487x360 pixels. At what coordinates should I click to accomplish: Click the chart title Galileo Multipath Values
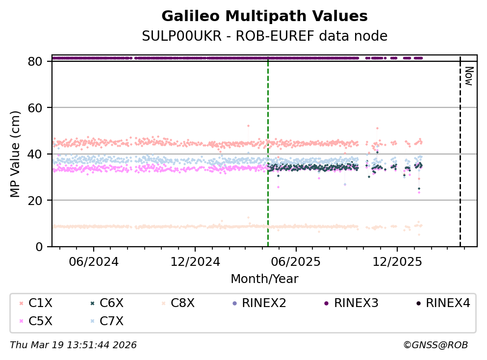click(x=264, y=17)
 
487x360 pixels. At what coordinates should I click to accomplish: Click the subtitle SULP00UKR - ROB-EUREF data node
click(x=264, y=36)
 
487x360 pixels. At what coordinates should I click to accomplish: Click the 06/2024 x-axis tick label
click(x=94, y=261)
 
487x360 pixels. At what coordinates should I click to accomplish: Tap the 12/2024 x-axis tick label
click(x=195, y=261)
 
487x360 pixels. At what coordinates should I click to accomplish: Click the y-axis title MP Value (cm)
click(x=16, y=154)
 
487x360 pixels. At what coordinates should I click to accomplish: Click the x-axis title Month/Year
click(x=264, y=279)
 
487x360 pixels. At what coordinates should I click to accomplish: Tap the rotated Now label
click(x=469, y=76)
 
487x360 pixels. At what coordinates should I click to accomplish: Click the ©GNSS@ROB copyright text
click(x=436, y=345)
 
